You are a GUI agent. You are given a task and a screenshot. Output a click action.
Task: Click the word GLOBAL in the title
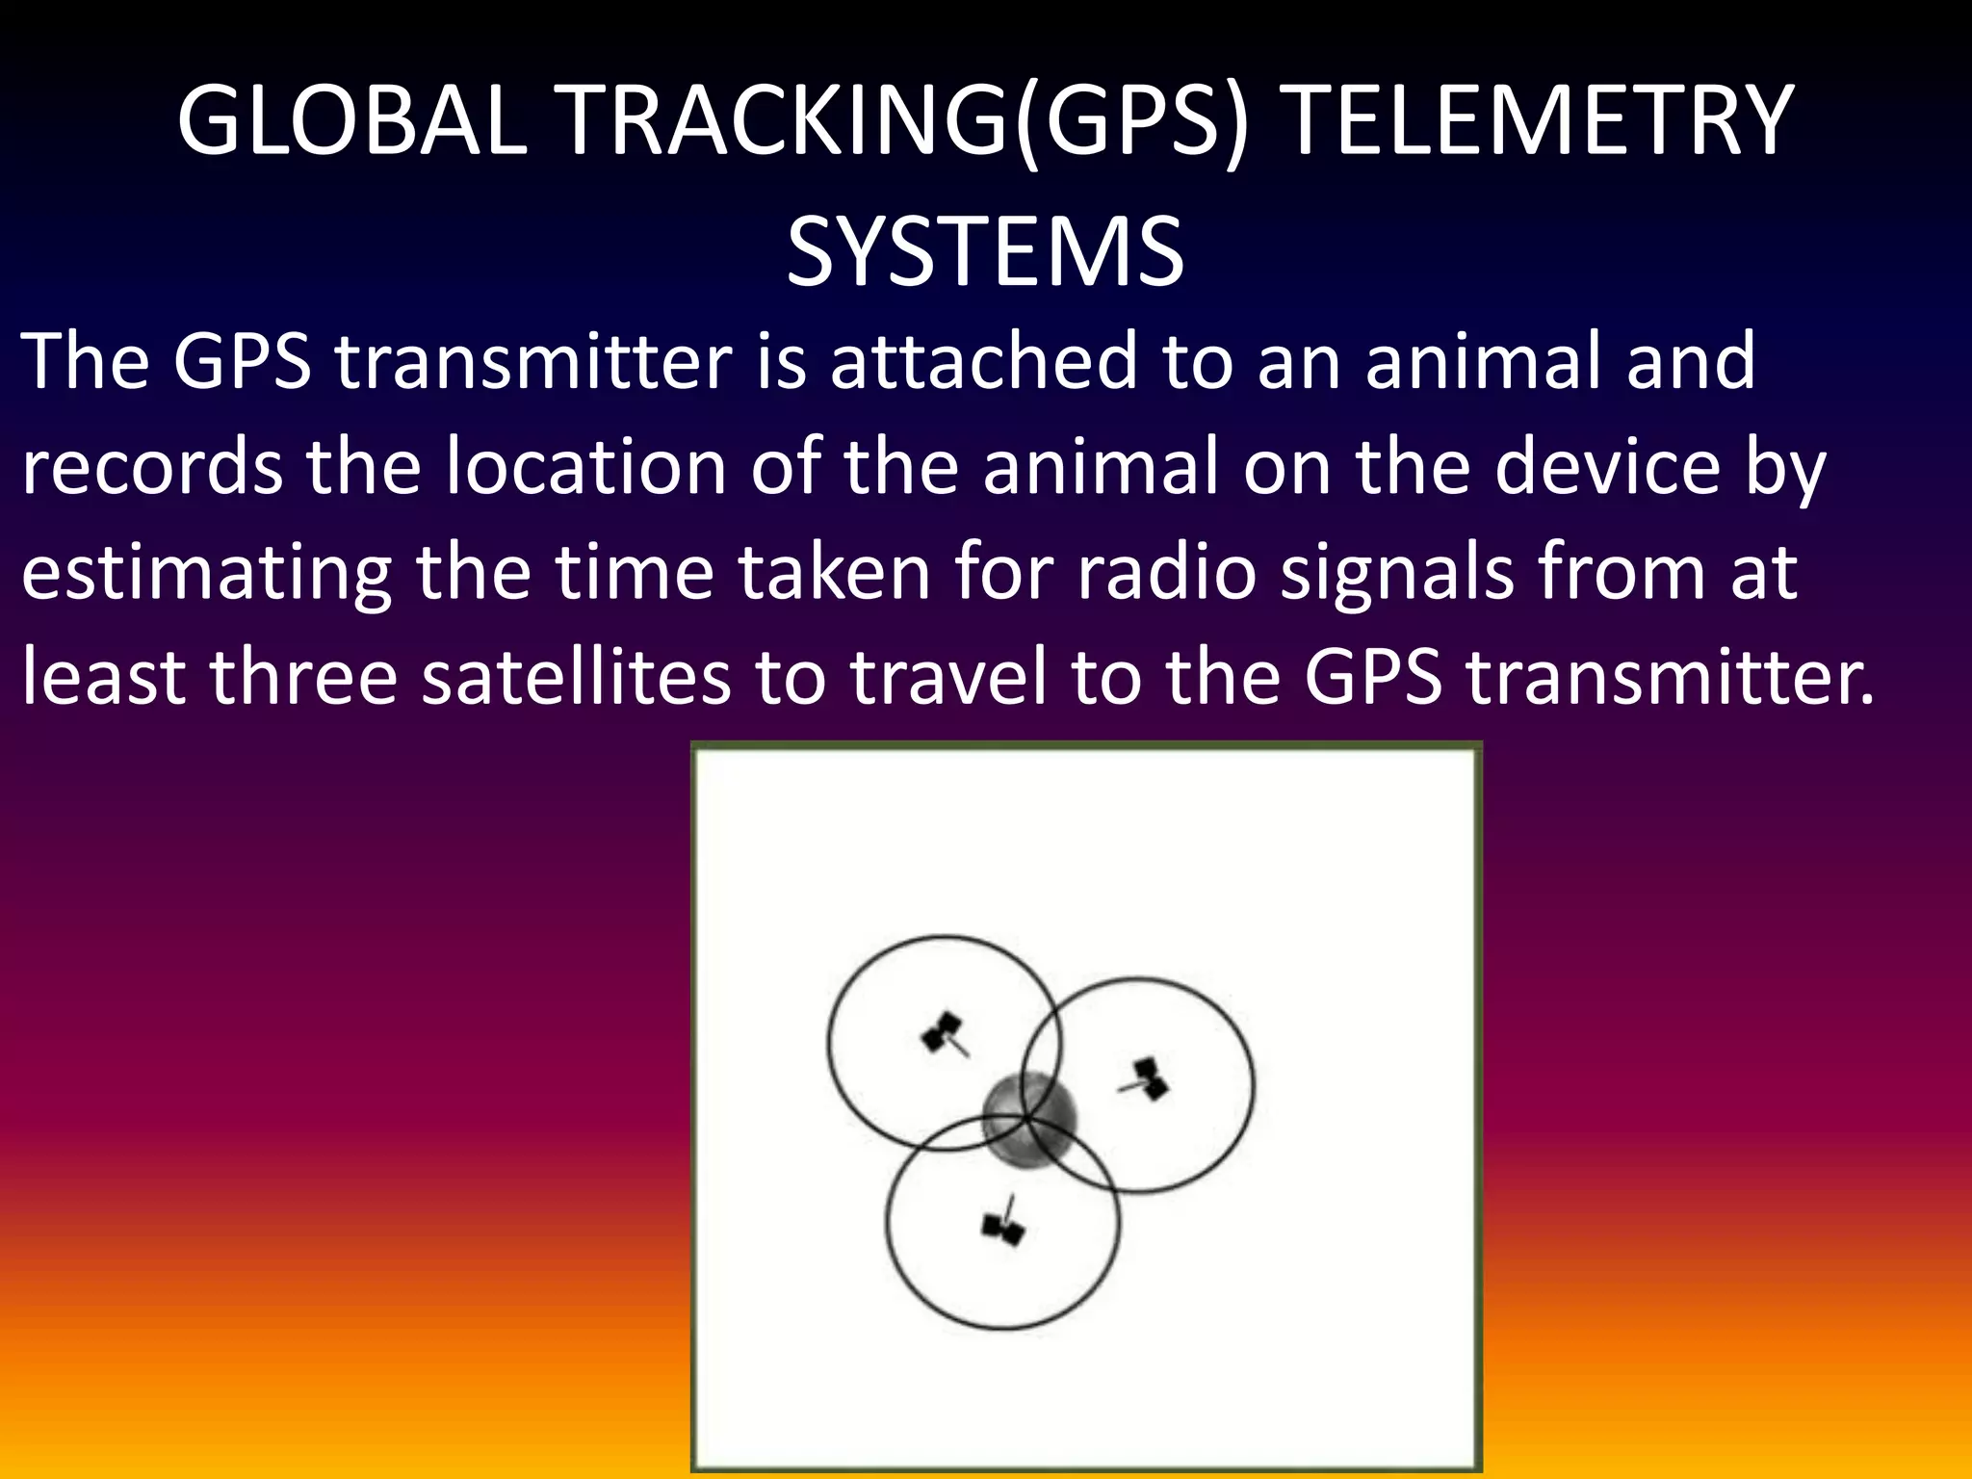pyautogui.click(x=352, y=121)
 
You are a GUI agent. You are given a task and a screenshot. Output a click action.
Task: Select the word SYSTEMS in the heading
pyautogui.click(x=985, y=252)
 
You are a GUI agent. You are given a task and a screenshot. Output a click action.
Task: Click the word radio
pyautogui.click(x=1166, y=573)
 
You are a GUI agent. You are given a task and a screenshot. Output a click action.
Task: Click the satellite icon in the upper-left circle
pyautogui.click(x=944, y=1034)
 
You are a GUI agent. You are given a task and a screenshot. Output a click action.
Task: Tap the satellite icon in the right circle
pyautogui.click(x=1147, y=1079)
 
